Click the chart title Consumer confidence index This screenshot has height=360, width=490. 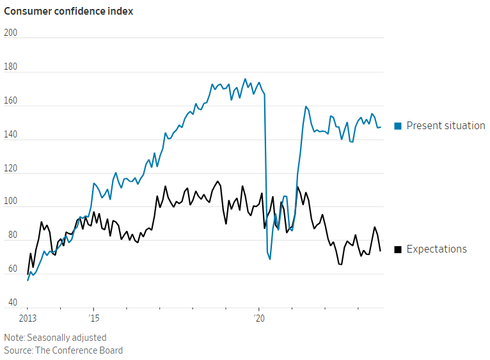pos(68,11)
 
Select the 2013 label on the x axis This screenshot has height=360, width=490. pos(28,318)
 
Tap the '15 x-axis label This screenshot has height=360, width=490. pos(93,318)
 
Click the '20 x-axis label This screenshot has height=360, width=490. pos(259,318)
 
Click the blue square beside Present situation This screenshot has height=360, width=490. pos(398,126)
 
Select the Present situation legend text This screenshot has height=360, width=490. pos(446,125)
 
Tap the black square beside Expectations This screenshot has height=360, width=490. pos(398,249)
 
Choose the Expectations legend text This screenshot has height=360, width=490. pos(437,249)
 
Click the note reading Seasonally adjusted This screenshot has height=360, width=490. pos(55,338)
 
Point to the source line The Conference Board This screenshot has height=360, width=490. pos(63,350)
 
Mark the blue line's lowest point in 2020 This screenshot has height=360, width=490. pos(270,259)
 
